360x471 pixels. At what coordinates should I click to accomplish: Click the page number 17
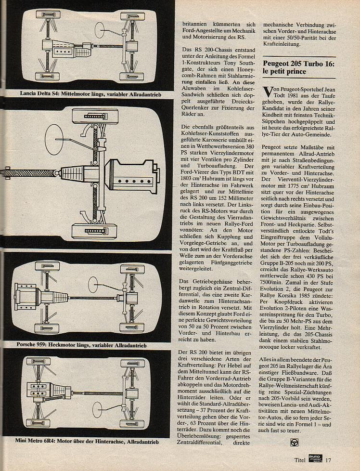coord(328,460)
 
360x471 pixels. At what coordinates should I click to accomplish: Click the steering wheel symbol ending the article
coord(295,442)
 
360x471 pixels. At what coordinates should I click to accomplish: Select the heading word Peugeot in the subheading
coord(276,64)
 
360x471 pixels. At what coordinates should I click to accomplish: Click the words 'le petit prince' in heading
coord(284,71)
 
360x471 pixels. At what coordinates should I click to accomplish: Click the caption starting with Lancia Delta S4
coord(90,94)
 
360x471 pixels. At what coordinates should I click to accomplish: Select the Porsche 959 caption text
coord(81,345)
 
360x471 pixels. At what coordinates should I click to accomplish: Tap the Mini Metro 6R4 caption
coord(87,441)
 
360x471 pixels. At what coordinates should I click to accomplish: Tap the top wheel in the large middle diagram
coord(95,116)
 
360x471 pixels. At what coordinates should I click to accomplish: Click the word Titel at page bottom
coord(300,460)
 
